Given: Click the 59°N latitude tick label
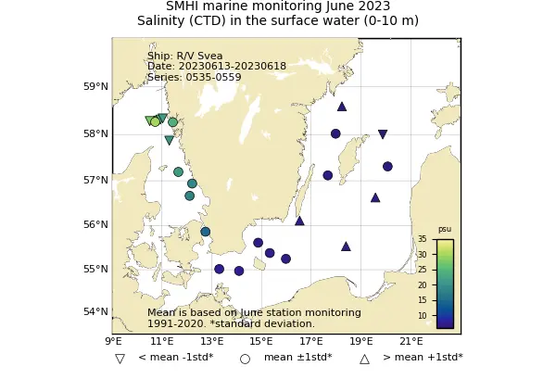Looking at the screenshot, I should tap(96, 87).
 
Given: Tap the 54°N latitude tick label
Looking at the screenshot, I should tap(96, 311).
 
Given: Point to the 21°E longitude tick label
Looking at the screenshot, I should tap(411, 342).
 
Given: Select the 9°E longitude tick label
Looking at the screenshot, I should tap(112, 342).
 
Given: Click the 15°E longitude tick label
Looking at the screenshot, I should tap(261, 342).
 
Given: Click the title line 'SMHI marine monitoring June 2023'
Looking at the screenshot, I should tap(278, 6).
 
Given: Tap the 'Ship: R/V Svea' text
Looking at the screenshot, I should tap(184, 56).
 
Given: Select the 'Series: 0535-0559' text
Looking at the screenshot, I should tap(194, 77).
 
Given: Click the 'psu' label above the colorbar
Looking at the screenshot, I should tap(445, 229).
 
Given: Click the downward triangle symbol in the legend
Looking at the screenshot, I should tap(120, 359).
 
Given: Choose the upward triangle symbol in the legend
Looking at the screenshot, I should tap(364, 359).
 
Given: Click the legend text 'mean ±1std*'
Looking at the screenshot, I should tap(297, 358).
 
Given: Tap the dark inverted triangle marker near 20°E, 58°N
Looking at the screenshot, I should tap(383, 134).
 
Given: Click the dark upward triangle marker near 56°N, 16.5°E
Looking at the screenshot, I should tap(299, 221).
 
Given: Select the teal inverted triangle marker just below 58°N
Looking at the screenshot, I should tap(170, 140).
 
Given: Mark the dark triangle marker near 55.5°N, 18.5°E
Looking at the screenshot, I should tap(346, 246).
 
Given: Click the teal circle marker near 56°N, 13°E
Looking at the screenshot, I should tap(205, 232).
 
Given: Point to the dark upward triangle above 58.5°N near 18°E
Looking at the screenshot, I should tap(342, 107).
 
